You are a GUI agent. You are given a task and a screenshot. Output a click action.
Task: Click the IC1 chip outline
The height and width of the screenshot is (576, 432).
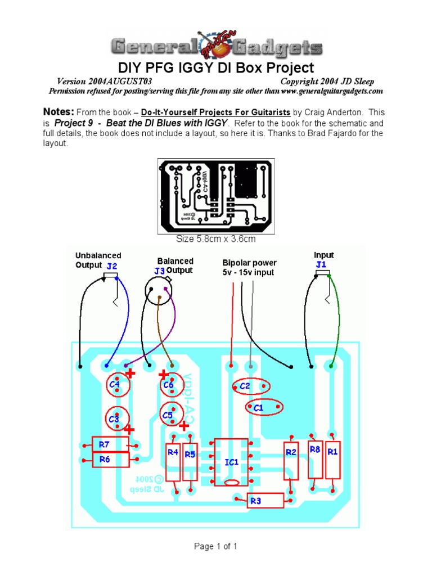(231, 462)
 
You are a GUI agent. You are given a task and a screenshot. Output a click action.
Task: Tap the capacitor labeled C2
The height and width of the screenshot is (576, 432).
(251, 386)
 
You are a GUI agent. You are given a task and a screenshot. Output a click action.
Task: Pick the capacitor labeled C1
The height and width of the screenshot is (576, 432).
(264, 407)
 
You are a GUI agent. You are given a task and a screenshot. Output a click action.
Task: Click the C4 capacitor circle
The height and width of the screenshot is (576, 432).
(119, 385)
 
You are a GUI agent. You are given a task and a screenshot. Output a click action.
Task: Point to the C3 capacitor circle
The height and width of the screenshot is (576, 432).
(118, 418)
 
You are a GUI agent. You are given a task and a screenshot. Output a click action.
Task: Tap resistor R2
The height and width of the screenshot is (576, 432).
(291, 459)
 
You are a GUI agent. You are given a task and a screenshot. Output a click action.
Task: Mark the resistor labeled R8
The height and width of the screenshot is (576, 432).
(315, 458)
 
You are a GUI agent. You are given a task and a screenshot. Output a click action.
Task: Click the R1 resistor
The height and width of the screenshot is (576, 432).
(333, 458)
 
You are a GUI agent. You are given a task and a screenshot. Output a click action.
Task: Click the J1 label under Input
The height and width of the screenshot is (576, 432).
(321, 264)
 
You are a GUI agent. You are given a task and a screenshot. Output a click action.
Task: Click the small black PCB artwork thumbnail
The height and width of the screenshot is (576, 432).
(215, 195)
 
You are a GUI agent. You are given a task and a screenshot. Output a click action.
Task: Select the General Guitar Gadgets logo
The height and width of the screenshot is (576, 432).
(215, 46)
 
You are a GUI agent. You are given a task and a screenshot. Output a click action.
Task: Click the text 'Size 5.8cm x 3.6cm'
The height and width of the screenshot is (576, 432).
(216, 239)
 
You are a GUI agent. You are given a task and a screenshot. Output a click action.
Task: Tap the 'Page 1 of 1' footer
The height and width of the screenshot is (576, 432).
(216, 546)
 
